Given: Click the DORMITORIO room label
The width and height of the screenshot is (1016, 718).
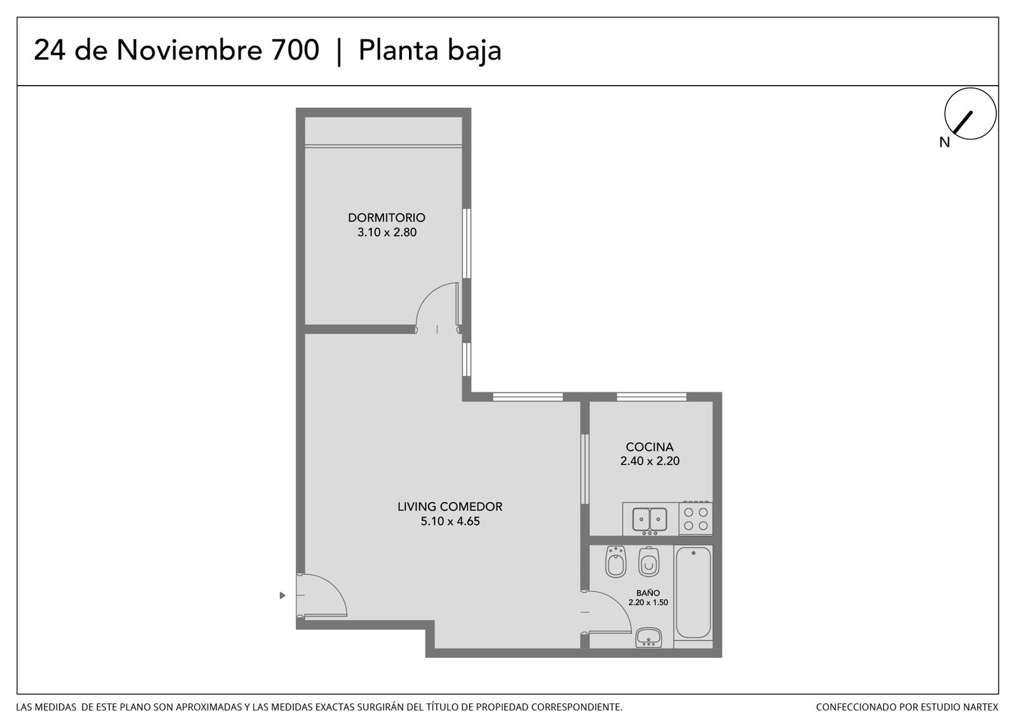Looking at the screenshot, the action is [387, 218].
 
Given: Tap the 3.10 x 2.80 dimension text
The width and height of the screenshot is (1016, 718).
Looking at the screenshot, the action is [387, 232].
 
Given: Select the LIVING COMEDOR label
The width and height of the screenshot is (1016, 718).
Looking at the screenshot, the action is [450, 507].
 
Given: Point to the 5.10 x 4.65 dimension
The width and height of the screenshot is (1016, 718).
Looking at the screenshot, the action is [450, 521].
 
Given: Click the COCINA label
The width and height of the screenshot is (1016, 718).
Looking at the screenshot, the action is [650, 447].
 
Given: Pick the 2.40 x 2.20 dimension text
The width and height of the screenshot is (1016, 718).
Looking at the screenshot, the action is [650, 461].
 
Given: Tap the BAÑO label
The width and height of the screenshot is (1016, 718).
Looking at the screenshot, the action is [648, 593].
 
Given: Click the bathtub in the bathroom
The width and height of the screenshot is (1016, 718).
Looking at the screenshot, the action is [693, 594].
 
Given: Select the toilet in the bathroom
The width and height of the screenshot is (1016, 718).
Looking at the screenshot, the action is [649, 562].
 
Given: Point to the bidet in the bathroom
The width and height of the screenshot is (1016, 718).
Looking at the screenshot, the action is [616, 562].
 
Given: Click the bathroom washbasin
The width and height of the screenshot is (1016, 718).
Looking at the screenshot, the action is [648, 638].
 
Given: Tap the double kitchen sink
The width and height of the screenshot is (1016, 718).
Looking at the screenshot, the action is [650, 519].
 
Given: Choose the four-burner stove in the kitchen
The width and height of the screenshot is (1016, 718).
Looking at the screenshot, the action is [696, 519].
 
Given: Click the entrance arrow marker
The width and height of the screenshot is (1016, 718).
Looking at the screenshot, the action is [282, 595].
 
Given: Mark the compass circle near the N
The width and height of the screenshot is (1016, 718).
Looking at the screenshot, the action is [970, 114].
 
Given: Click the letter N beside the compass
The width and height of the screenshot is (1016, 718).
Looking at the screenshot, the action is [944, 142].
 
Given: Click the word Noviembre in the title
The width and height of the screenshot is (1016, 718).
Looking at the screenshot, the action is [189, 50].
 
